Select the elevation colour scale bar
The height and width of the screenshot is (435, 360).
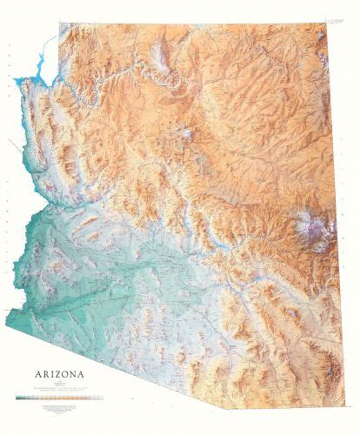[59, 398]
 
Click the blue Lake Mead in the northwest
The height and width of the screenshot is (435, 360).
[39, 70]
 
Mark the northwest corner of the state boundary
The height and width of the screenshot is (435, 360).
[59, 24]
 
